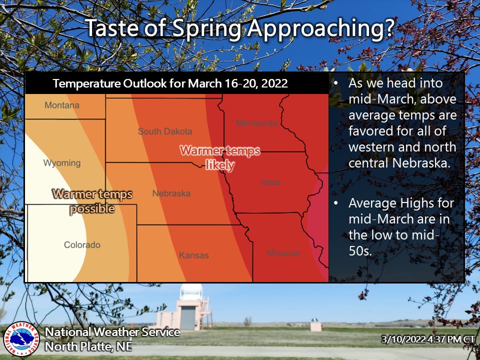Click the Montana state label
(62, 105)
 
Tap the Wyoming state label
(61, 163)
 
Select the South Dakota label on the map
(165, 131)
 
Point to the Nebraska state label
(171, 193)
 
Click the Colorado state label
(82, 245)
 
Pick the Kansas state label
(193, 255)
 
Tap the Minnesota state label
(256, 123)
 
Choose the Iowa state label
(270, 182)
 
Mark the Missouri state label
(283, 253)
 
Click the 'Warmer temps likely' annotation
(220, 157)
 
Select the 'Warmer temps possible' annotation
(92, 201)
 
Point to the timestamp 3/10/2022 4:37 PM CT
(428, 339)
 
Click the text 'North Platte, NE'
(88, 345)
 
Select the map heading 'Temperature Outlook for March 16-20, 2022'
(170, 83)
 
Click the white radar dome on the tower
(191, 292)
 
